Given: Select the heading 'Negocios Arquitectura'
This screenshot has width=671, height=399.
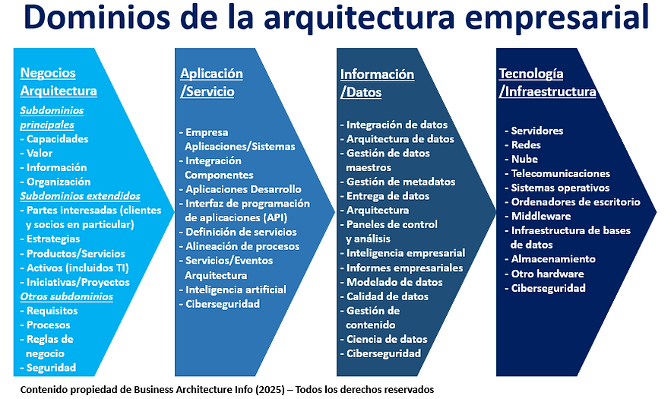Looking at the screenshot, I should [x=59, y=82].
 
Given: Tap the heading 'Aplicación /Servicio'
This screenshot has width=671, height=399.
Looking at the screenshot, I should [x=211, y=82].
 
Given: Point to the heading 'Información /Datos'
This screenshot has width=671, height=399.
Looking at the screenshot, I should [x=377, y=84].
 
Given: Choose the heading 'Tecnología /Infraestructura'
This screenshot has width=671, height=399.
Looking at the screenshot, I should [x=547, y=83].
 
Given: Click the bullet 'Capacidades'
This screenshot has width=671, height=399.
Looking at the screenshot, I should [x=57, y=139].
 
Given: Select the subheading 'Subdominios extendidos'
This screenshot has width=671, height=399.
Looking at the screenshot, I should [x=80, y=195].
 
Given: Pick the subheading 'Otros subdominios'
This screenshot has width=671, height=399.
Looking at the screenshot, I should [x=66, y=296].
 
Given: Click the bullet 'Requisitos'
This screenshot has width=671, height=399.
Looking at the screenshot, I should [x=52, y=311].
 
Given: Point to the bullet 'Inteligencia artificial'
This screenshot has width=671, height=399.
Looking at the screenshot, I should [x=236, y=290].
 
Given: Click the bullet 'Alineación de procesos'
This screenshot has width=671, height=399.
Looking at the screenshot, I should [x=242, y=246].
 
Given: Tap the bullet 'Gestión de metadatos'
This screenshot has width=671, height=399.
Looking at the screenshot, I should [x=400, y=182].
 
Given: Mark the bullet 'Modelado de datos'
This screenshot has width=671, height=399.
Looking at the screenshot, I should [x=394, y=282].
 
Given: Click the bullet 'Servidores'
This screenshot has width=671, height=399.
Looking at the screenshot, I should [x=536, y=131].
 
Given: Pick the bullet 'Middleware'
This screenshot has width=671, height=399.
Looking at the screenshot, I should [x=540, y=216].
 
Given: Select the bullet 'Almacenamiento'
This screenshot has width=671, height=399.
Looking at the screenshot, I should [x=552, y=259].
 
